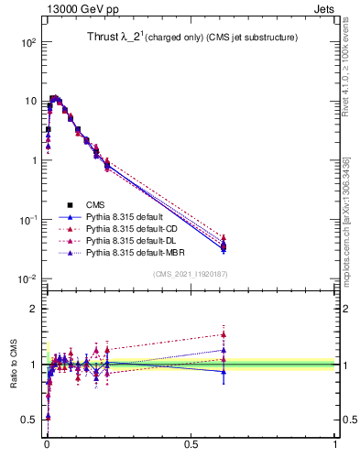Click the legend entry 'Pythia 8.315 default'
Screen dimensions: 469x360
click(x=128, y=217)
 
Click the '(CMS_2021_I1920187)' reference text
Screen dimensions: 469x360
click(x=191, y=274)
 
